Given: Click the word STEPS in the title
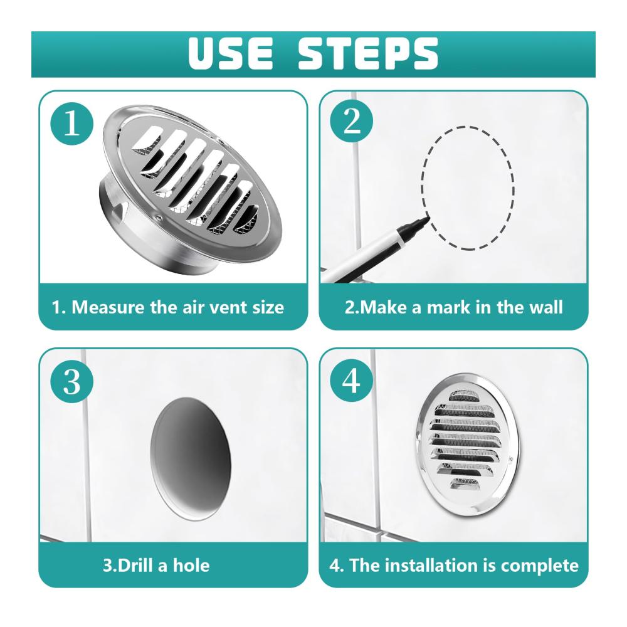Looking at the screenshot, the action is pos(368,53).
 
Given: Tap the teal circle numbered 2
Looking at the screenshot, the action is pos(352,121).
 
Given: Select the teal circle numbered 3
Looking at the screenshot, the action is pos(72,381).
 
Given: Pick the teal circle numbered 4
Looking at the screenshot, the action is pos(352,381).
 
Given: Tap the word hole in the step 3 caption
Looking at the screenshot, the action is pos(191,566).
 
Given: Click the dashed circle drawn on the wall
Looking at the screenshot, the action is pos(421,188).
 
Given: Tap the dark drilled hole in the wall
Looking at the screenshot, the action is pos(191,459).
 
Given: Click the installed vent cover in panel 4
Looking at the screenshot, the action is pos(468,445).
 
